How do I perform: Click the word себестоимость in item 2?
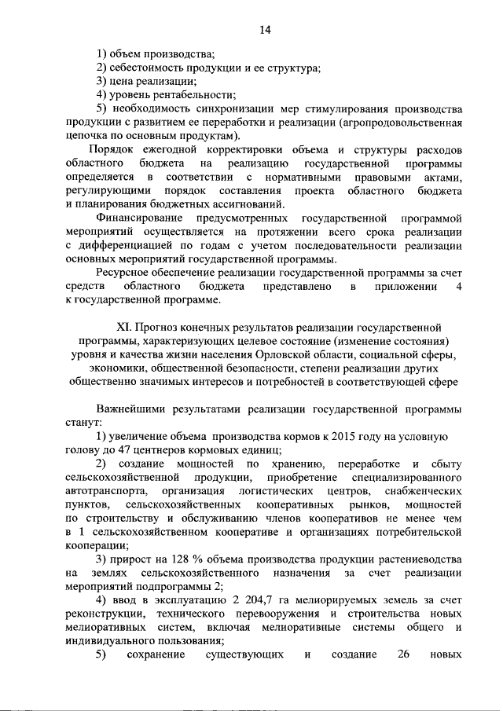(149, 68)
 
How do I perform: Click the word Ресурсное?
(124, 272)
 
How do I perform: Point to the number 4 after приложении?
(457, 286)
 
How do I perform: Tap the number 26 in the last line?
(405, 655)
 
